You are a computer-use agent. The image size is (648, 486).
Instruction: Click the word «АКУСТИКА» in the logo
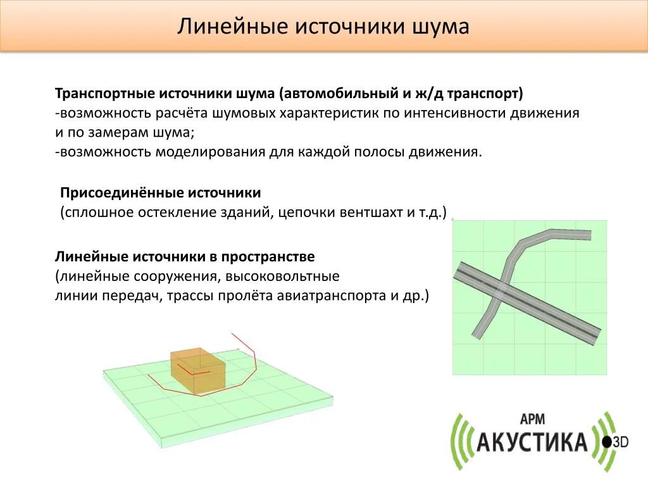click(532, 442)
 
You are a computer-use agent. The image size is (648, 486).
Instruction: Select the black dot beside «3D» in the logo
click(607, 442)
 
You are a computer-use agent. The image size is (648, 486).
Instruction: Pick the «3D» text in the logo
click(620, 442)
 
